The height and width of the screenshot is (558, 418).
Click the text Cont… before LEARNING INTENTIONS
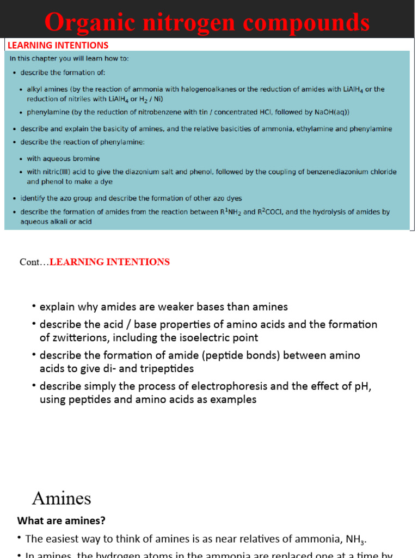coord(34,262)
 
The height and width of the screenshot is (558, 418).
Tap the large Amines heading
coord(62,498)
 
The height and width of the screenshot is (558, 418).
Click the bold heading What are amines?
coord(62,520)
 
